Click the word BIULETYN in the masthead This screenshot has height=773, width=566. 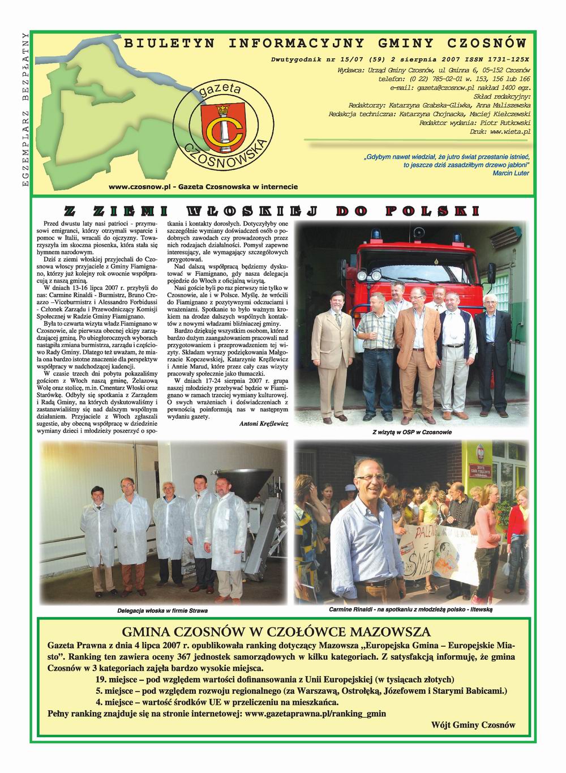click(x=164, y=43)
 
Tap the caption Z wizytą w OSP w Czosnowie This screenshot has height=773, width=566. click(x=412, y=432)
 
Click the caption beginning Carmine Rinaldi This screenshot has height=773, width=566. click(x=411, y=609)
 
